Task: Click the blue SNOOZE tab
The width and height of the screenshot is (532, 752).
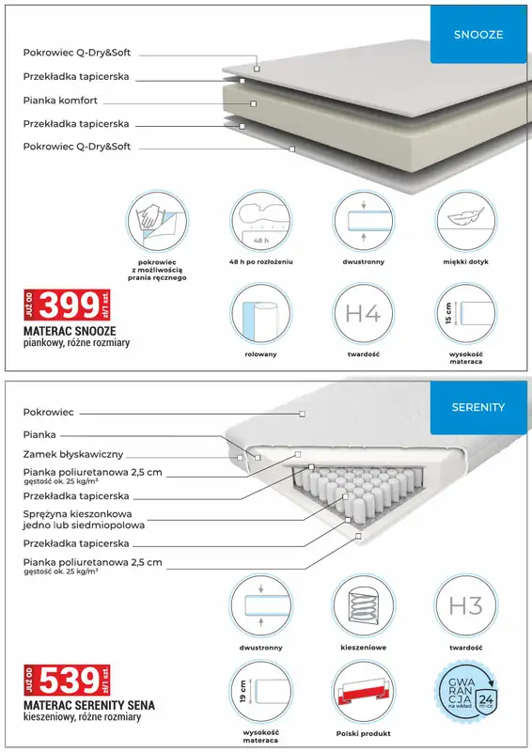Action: click(478, 35)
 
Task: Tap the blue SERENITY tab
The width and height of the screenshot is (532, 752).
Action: click(478, 407)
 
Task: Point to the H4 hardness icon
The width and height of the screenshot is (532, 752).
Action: click(362, 314)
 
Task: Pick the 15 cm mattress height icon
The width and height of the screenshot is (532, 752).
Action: click(464, 314)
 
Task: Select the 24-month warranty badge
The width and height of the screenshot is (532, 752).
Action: click(464, 691)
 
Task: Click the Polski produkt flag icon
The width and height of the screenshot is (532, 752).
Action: click(362, 691)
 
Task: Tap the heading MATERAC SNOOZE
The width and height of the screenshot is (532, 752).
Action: click(70, 332)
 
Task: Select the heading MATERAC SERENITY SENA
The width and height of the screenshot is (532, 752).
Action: click(89, 704)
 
